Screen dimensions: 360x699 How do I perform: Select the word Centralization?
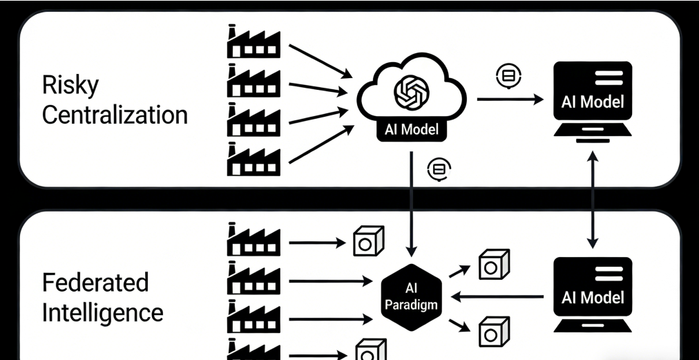pos(115,115)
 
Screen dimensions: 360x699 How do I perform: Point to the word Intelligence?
pos(103,312)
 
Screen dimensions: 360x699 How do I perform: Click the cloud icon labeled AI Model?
pos(412,101)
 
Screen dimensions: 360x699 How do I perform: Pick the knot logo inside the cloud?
pos(412,91)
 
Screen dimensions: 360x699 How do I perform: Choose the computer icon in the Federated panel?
pos(592,294)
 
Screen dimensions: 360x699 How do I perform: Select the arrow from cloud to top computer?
pos(510,100)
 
